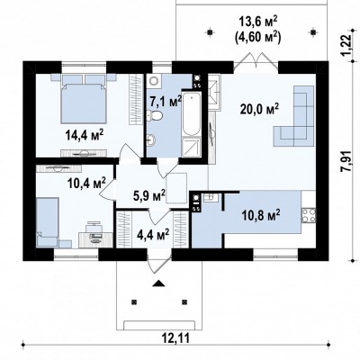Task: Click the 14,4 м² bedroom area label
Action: pos(85,135)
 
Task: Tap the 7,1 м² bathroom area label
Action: pos(166,102)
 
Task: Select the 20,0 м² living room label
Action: pos(260,109)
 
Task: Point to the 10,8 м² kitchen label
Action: pos(261,215)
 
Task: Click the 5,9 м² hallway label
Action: pos(149,195)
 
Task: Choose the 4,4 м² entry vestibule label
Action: pos(153,234)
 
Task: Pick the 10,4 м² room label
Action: pos(87,181)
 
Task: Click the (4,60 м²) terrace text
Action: pos(259,38)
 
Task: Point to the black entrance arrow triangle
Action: pos(158,283)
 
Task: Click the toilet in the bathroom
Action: pos(155,115)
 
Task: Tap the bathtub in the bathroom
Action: pos(192,114)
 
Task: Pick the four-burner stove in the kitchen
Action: pos(309,215)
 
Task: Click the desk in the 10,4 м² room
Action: pos(95,238)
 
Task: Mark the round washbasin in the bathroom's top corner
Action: pos(155,80)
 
